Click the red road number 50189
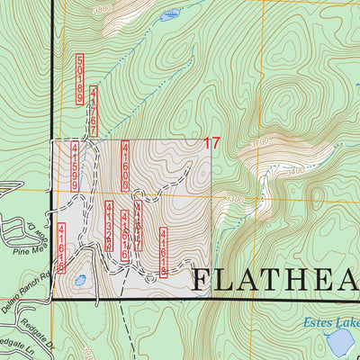(81, 80)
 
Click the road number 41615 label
(61, 247)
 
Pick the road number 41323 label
(109, 227)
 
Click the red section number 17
(211, 143)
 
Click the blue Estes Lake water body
(339, 342)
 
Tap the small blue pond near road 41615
(80, 281)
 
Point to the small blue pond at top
(168, 15)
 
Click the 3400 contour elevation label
(293, 168)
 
